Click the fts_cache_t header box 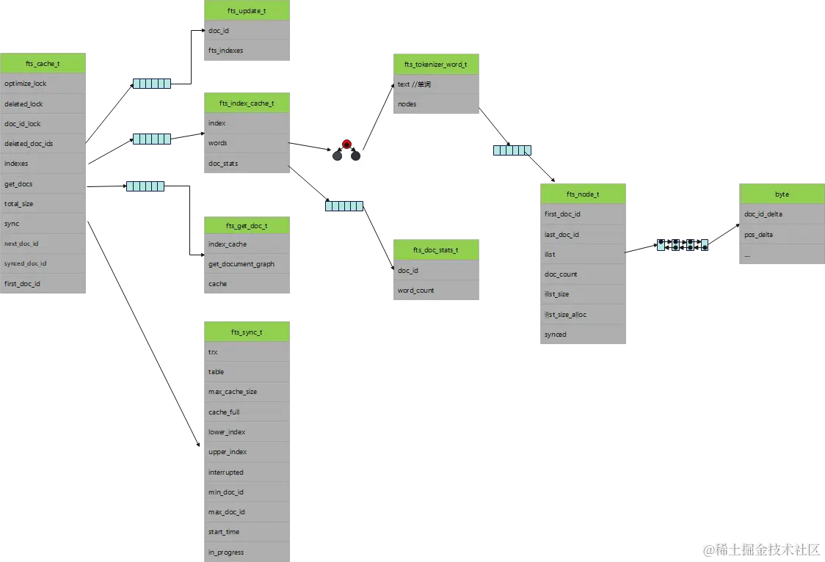[x=43, y=64]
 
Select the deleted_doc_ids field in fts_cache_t [x=43, y=144]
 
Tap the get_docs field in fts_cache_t [x=43, y=184]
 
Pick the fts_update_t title [x=246, y=11]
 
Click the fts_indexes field [x=246, y=51]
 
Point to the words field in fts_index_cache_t [x=246, y=143]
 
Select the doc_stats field [x=246, y=164]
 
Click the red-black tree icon [x=346, y=150]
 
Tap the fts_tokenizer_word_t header [x=437, y=64]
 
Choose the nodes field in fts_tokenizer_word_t [x=437, y=104]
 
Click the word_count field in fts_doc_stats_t [x=437, y=291]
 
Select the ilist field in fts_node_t [x=584, y=255]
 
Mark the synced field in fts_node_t [x=584, y=335]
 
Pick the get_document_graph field [x=246, y=264]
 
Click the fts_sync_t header [x=246, y=332]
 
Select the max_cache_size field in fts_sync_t [x=246, y=392]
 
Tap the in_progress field [x=246, y=552]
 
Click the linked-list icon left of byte [x=683, y=245]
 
